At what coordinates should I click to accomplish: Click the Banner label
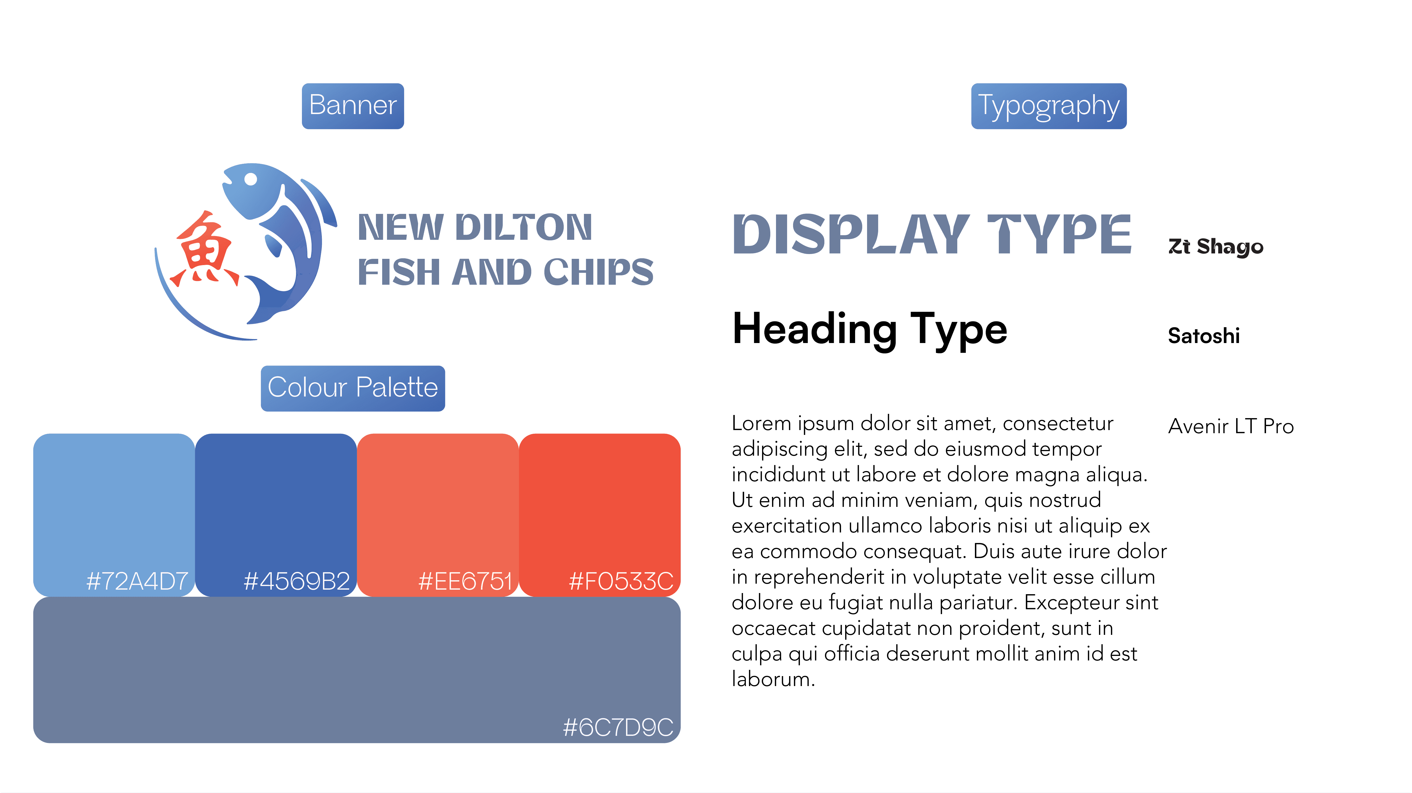353,106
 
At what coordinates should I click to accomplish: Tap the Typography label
1049,106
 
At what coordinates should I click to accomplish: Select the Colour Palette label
353,388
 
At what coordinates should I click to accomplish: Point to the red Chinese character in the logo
204,249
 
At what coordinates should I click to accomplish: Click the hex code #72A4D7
137,581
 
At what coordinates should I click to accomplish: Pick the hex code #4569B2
297,581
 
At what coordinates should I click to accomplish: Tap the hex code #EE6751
465,581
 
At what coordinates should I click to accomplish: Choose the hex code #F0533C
621,581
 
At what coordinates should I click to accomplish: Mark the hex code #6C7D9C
618,727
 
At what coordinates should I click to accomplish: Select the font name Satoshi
1204,335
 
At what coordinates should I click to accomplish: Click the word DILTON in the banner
524,228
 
